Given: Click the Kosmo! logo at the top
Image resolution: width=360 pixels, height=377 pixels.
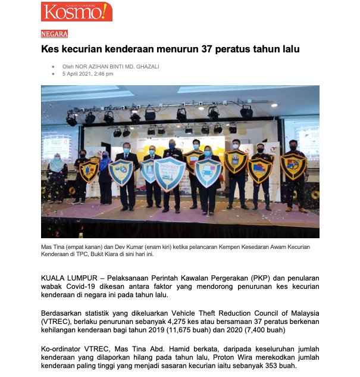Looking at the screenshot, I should [x=76, y=12].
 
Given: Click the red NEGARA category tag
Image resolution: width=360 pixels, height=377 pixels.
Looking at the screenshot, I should [x=54, y=34].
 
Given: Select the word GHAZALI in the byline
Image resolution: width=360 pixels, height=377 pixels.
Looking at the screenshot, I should [x=146, y=67].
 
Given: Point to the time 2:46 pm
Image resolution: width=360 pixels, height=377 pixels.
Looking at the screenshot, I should [x=101, y=74].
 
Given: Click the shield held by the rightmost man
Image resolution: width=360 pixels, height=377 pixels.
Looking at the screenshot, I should [x=293, y=167].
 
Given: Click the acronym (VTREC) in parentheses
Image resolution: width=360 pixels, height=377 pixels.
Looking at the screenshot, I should [x=57, y=321].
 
